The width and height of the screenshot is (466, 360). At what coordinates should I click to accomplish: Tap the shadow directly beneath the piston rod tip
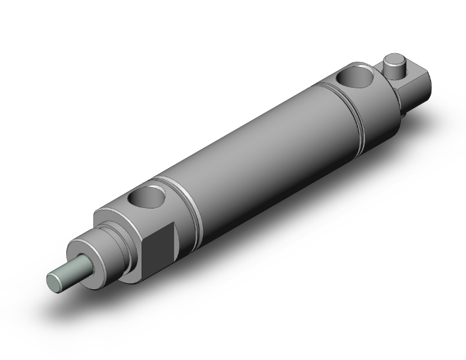click(x=63, y=301)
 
